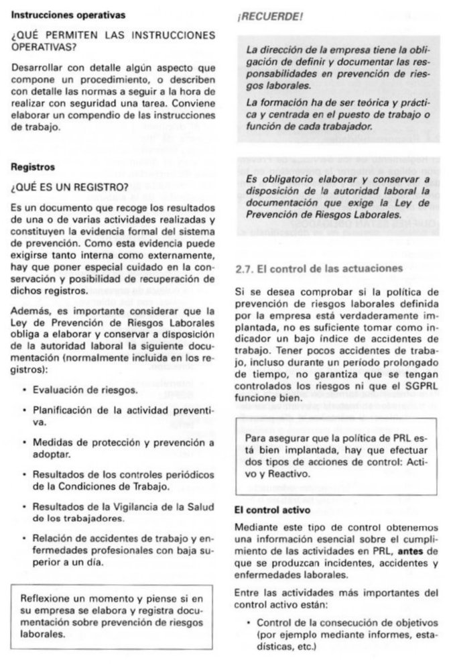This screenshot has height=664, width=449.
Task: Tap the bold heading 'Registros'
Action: coord(34,166)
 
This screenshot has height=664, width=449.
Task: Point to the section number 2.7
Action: coord(245,268)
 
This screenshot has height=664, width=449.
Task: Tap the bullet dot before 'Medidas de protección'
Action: coord(24,443)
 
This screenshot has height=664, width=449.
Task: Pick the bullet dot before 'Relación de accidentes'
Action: coord(24,538)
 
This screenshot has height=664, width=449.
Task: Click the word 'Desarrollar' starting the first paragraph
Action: coord(37,68)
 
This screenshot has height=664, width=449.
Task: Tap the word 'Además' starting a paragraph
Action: coord(29,311)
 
